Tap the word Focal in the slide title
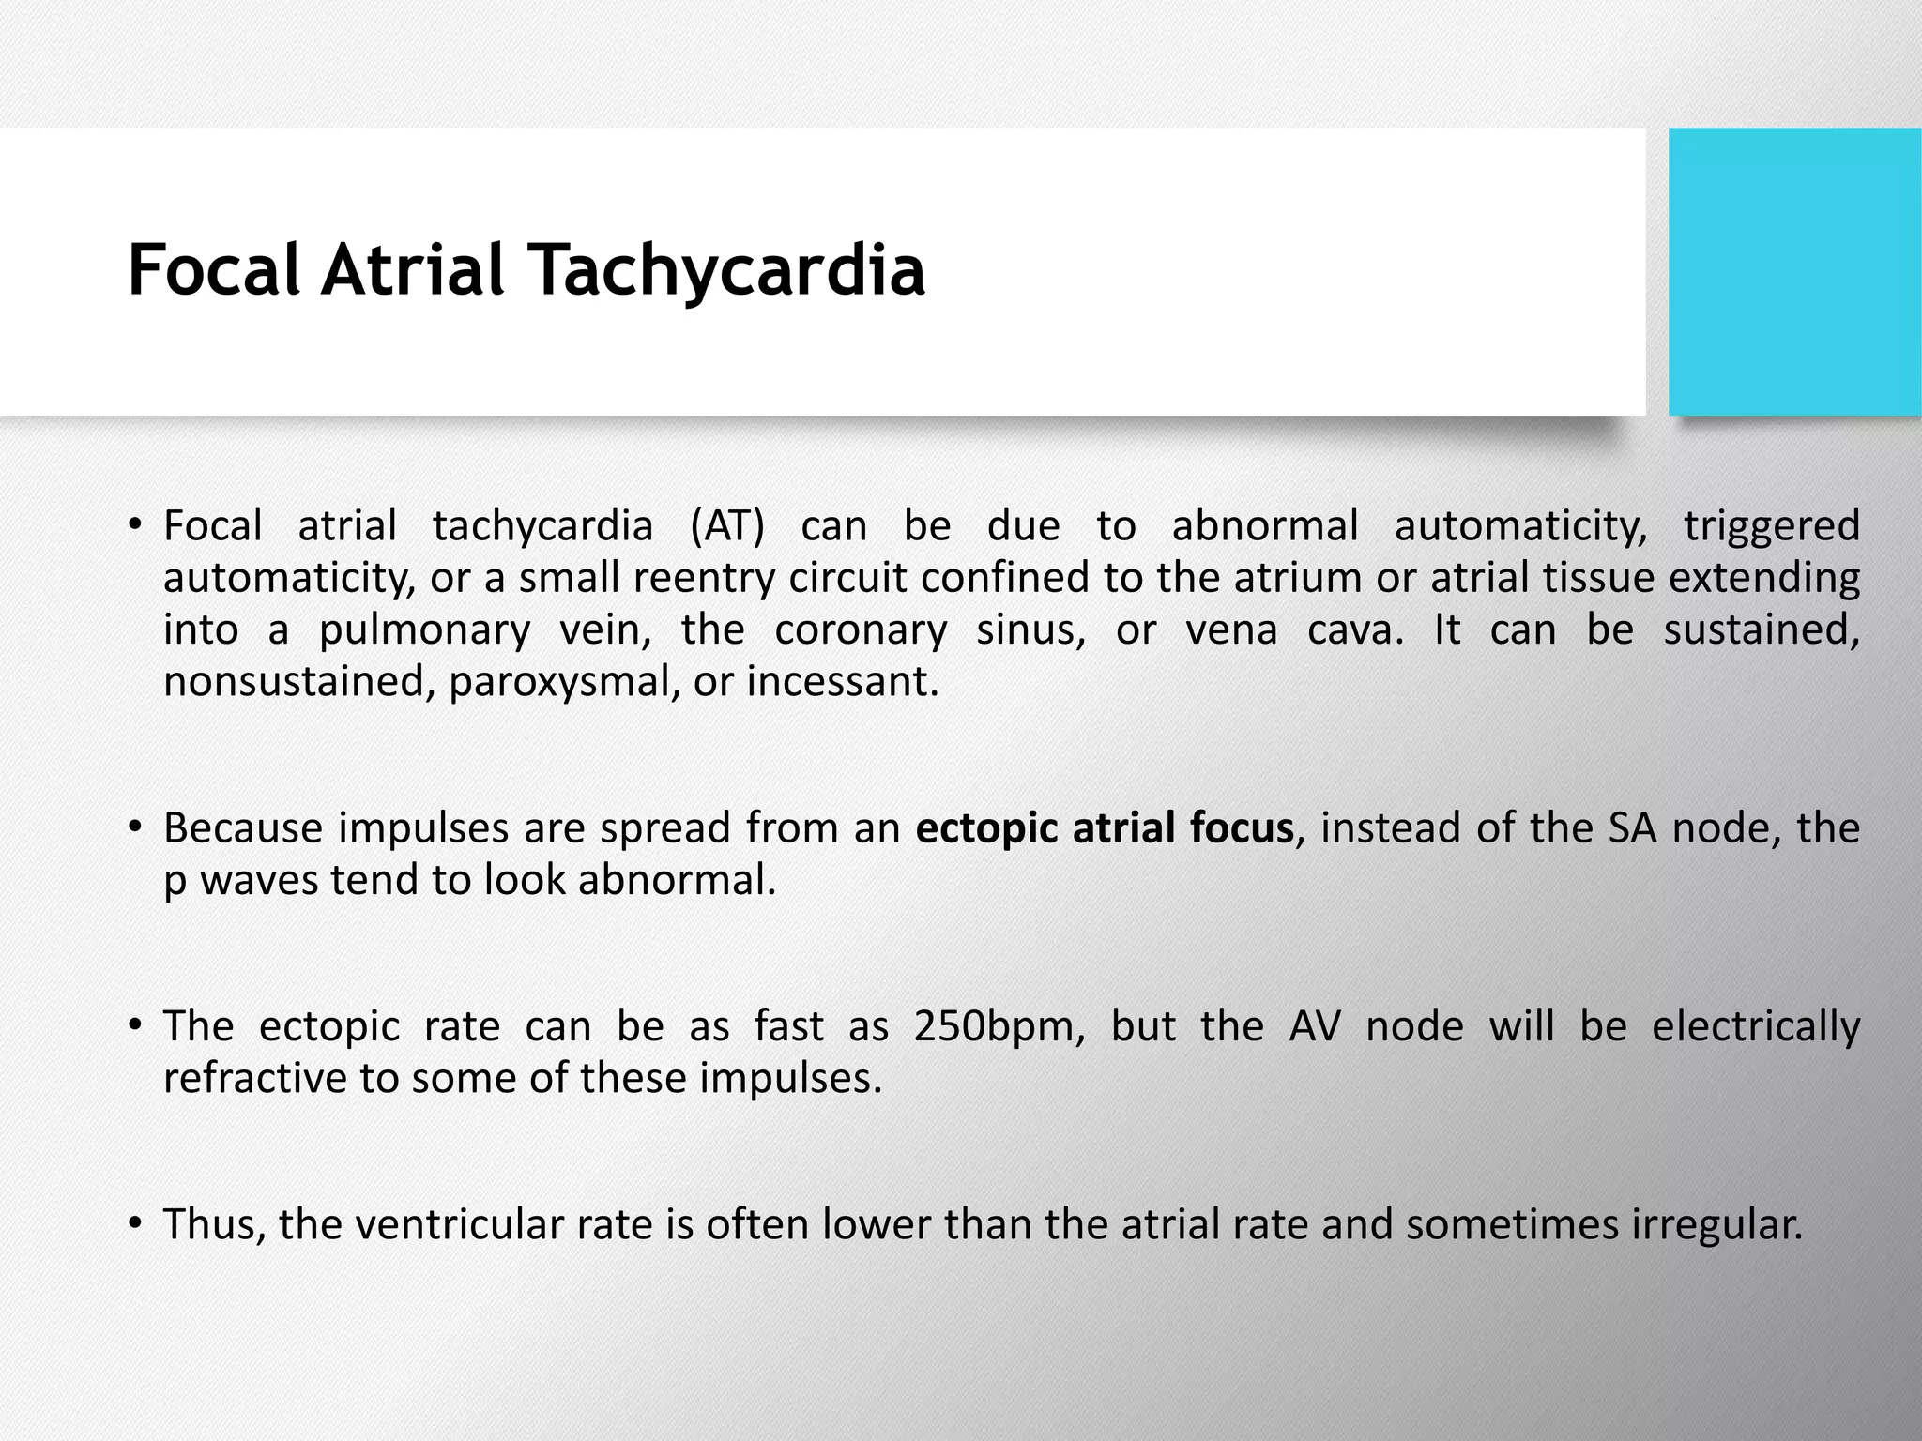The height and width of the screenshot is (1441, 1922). click(213, 271)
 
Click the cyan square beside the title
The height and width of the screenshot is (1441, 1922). click(1794, 271)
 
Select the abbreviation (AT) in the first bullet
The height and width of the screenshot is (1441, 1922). click(726, 526)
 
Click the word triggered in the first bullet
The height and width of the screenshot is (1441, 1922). click(1771, 526)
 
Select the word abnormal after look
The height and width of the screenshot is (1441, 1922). click(677, 881)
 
